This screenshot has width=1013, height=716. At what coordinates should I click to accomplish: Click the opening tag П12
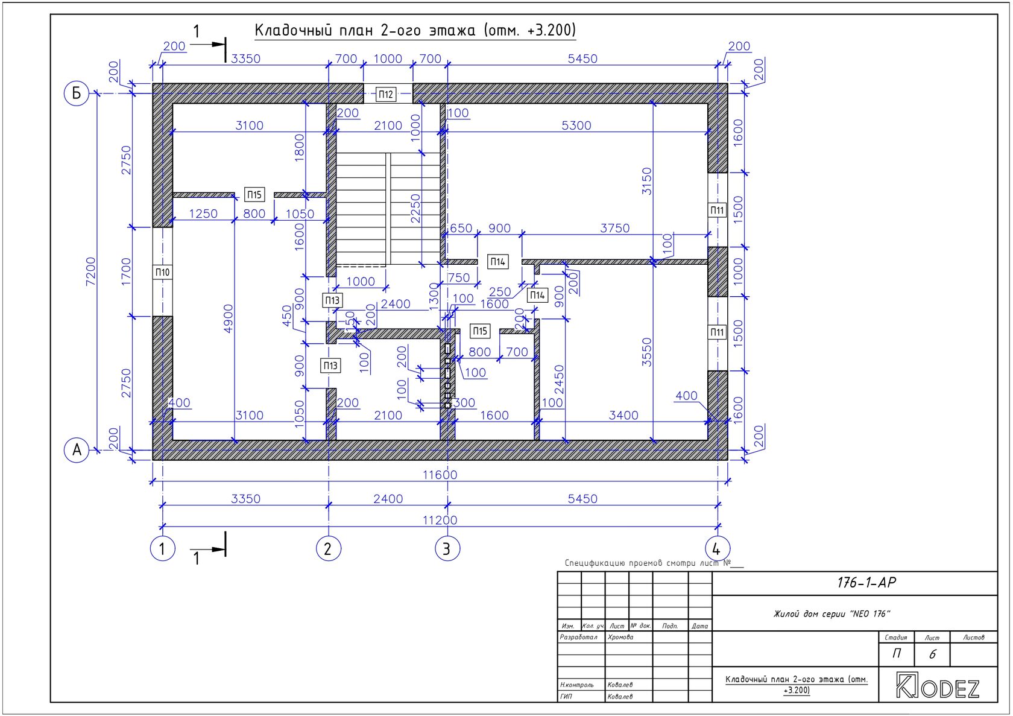tap(385, 94)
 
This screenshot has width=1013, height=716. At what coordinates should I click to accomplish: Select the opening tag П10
tap(162, 272)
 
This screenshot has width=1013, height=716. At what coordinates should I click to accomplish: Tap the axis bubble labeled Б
tap(77, 93)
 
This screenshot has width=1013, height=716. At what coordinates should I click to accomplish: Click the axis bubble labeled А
tap(77, 450)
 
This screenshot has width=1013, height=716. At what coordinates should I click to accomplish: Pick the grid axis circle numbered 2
tap(328, 549)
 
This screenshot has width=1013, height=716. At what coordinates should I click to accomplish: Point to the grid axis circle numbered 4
tap(718, 549)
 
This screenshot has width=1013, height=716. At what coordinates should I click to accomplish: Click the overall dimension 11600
tap(440, 475)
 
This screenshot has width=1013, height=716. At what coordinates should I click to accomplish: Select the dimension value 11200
tap(440, 520)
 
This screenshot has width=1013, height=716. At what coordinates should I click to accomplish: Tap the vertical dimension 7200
tap(91, 271)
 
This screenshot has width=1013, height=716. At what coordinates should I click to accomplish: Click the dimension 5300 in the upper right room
tap(576, 125)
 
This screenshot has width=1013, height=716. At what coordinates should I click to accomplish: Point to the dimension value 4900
tap(229, 319)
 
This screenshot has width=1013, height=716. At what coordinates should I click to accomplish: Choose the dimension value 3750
tap(614, 228)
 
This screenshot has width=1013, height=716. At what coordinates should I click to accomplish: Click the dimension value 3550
tap(647, 352)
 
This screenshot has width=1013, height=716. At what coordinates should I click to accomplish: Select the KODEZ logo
tap(938, 686)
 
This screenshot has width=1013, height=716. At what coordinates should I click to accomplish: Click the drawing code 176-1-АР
tap(866, 583)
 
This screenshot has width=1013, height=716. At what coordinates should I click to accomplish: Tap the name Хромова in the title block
tap(620, 637)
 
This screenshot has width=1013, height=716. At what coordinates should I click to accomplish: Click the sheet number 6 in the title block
tap(932, 654)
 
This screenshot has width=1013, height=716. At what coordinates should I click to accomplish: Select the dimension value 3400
tap(623, 415)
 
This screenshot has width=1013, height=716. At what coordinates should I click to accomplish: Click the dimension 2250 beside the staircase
tap(415, 209)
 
